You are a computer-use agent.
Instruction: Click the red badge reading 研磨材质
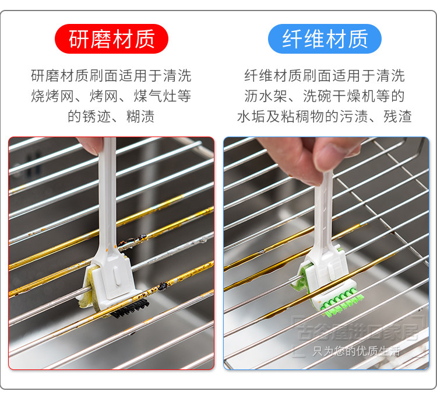pyautogui.click(x=111, y=39)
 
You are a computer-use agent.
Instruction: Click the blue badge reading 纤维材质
pyautogui.click(x=325, y=39)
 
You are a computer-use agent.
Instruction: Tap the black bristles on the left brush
pyautogui.click(x=130, y=308)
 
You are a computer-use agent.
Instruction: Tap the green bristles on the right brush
pyautogui.click(x=343, y=303)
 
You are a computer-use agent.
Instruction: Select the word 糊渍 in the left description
pyautogui.click(x=140, y=116)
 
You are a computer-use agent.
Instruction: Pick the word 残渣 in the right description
pyautogui.click(x=398, y=116)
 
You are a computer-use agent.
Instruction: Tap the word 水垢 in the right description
pyautogui.click(x=251, y=116)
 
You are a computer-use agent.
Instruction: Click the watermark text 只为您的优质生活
pyautogui.click(x=357, y=351)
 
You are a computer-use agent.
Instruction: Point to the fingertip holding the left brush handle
pyautogui.click(x=89, y=146)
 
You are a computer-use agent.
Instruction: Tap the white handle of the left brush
pyautogui.click(x=108, y=195)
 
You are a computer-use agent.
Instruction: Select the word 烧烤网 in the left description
pyautogui.click(x=52, y=96)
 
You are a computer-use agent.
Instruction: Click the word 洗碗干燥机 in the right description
pyautogui.click(x=339, y=96)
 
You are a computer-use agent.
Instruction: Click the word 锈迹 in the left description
pyautogui.click(x=96, y=116)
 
